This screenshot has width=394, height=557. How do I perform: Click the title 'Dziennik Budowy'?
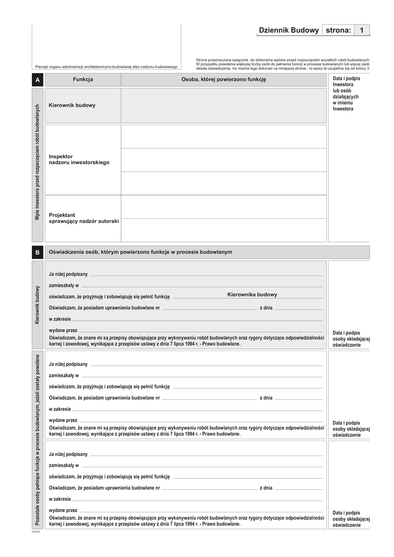(x=289, y=31)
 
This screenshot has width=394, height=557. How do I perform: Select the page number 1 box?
(x=361, y=31)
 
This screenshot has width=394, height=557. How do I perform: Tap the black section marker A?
(x=37, y=80)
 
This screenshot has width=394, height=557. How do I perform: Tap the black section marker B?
(x=37, y=253)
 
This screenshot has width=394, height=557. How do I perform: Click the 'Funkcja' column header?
(x=83, y=79)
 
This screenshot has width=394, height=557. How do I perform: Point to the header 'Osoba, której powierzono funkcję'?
(x=223, y=79)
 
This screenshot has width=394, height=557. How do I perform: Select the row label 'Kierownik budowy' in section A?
(x=72, y=105)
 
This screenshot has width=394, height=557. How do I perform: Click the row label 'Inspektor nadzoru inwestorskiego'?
(x=79, y=159)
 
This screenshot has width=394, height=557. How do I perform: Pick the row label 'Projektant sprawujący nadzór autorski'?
(x=84, y=218)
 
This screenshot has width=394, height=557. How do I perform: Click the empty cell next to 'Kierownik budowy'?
(x=223, y=105)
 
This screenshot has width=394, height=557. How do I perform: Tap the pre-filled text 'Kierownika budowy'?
(x=252, y=294)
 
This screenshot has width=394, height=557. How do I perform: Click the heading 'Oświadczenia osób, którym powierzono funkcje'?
(x=140, y=252)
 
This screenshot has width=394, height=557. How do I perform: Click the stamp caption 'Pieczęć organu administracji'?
(x=106, y=67)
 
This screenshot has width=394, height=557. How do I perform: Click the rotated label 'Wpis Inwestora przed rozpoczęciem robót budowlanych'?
(x=37, y=162)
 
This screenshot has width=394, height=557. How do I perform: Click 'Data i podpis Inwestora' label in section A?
(x=346, y=94)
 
